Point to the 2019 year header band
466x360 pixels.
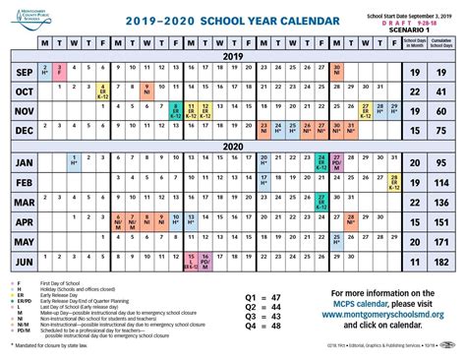pos(232,56)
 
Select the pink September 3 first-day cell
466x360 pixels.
pos(59,72)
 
